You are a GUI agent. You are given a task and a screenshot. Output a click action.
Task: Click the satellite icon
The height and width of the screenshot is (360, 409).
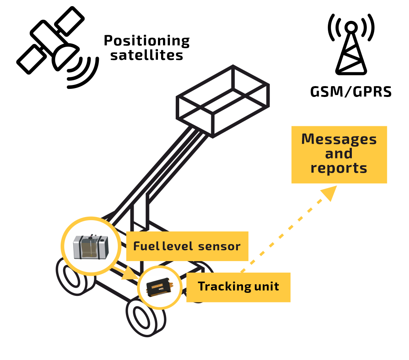tap(50, 42)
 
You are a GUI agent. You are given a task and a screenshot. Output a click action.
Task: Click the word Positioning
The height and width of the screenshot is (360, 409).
tap(147, 41)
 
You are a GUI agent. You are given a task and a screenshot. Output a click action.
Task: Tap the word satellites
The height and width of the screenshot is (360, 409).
tap(147, 55)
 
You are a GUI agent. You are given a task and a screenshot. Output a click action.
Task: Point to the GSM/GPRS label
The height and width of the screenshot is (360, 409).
tap(351, 92)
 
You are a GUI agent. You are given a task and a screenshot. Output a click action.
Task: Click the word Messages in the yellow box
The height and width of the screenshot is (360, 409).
tap(339, 139)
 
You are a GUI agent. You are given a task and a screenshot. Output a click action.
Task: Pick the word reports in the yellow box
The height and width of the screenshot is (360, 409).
tap(339, 168)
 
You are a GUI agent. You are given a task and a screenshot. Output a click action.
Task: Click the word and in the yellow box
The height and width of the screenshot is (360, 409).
tap(339, 154)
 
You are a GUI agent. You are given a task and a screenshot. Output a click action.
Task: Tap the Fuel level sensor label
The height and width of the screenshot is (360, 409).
tap(187, 246)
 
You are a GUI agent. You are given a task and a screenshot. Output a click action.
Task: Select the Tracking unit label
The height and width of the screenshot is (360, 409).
tap(238, 287)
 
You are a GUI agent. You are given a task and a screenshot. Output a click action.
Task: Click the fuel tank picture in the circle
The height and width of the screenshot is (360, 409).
tap(91, 246)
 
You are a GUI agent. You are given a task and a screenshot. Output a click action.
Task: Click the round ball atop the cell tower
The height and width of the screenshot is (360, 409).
tap(351, 27)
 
